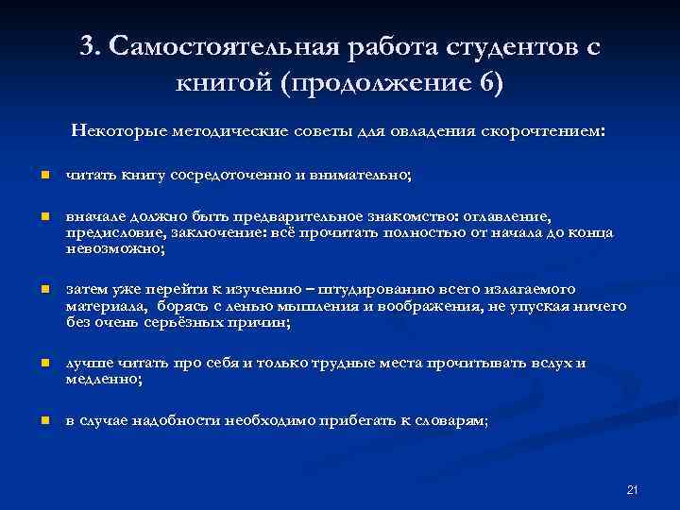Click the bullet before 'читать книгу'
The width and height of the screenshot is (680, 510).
coord(43,176)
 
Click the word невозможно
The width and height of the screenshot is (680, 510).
coord(112,248)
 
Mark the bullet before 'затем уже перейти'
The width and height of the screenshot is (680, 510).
coord(43,289)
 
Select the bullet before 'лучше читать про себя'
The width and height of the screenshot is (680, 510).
coord(43,363)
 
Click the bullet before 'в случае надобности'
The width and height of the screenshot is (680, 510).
coord(43,420)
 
